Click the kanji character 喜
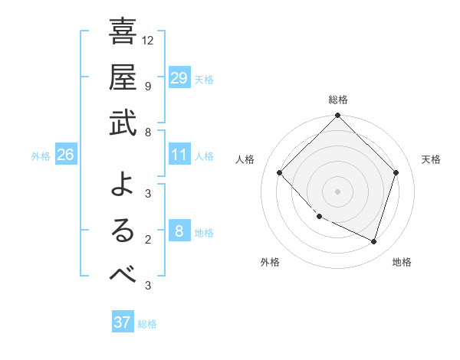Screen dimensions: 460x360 coord(123,32)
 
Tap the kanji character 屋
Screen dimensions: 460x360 coord(123,78)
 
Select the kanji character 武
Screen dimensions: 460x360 coord(123,123)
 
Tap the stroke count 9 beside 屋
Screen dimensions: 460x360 coord(147,86)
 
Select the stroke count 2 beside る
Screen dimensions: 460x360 coord(147,240)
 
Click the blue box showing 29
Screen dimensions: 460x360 coord(179,77)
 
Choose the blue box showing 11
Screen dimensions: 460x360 coord(179,155)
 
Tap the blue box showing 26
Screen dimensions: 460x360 coord(65,155)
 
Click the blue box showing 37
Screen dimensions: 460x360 coord(122,322)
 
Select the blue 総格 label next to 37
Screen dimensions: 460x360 coord(147,324)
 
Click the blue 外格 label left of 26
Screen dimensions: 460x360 coord(41,156)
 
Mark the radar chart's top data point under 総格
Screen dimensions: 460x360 coord(337,116)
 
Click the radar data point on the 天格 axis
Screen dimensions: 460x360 coord(396,172)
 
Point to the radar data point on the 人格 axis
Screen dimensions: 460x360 coord(280,172)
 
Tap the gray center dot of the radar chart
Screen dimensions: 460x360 coord(337,191)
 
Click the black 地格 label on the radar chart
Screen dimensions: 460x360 coord(402,262)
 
